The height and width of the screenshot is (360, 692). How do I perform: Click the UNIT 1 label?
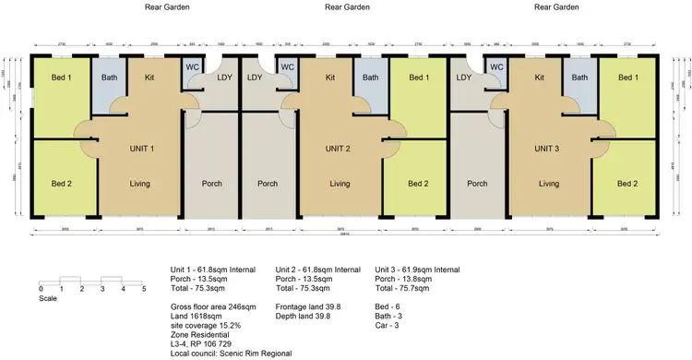(x=138, y=149)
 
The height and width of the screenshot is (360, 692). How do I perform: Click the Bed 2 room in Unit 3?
(x=627, y=183)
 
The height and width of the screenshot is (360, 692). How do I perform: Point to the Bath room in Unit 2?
(x=370, y=78)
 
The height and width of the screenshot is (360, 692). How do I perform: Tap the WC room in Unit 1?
(x=193, y=66)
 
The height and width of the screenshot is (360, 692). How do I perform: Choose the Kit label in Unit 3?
(x=541, y=78)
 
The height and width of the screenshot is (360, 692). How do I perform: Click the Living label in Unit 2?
(x=340, y=183)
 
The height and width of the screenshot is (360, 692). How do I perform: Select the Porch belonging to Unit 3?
(x=477, y=183)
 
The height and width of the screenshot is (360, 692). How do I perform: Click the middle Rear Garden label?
(x=348, y=6)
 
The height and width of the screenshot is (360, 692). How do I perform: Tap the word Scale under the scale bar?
(x=49, y=298)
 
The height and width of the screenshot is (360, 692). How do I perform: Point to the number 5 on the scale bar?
(x=144, y=289)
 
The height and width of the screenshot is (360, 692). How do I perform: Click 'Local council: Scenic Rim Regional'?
(x=231, y=353)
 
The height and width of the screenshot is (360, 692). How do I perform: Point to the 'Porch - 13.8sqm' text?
(x=408, y=279)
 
